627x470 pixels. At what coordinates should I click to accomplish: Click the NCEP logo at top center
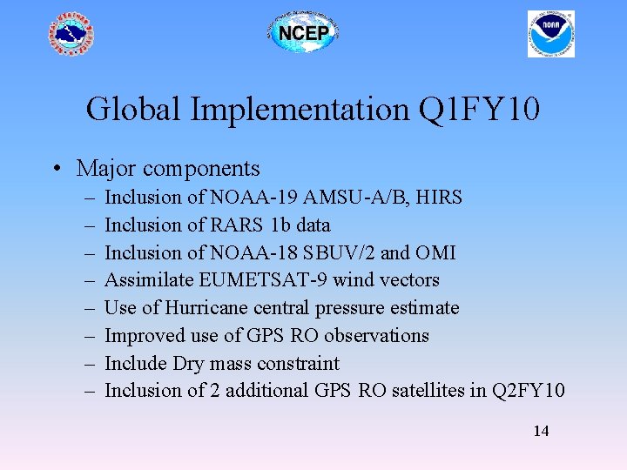pyautogui.click(x=302, y=34)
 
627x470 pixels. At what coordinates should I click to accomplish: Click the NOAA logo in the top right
pyautogui.click(x=550, y=34)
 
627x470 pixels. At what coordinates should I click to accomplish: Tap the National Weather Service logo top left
pyautogui.click(x=71, y=35)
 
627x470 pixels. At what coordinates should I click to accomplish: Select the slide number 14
pyautogui.click(x=540, y=431)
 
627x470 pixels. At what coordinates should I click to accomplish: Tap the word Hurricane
pyautogui.click(x=205, y=308)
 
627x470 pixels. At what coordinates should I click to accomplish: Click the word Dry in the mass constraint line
pyautogui.click(x=188, y=364)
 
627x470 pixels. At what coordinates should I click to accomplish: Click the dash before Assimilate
pyautogui.click(x=90, y=280)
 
